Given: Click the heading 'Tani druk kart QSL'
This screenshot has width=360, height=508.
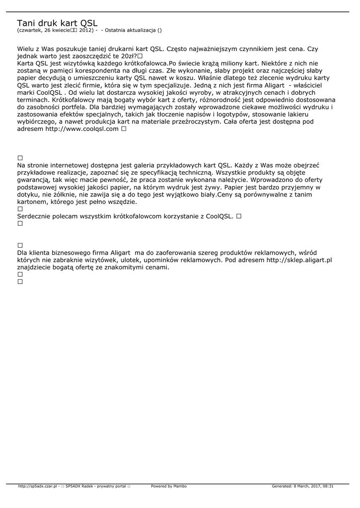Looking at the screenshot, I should (57, 23).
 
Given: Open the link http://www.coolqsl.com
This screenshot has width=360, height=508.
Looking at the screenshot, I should (82, 128).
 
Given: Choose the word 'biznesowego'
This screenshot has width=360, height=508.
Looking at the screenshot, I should (76, 253).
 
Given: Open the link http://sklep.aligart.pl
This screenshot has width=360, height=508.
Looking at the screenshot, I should (299, 259).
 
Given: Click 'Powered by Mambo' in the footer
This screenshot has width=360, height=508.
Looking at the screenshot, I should (169, 486).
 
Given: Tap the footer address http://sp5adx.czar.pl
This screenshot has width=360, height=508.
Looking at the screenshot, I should (37, 486).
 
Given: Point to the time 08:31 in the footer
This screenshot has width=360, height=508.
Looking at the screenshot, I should (328, 486).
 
